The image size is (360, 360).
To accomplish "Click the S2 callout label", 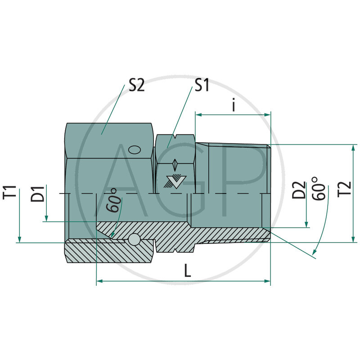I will (137, 85).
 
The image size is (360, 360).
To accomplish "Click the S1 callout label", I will (202, 85).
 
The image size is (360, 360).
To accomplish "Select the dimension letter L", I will (187, 270).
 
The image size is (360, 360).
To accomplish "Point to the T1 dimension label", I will (13, 192).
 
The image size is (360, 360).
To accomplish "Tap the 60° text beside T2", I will (319, 189).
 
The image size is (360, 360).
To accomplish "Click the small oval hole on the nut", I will (134, 149).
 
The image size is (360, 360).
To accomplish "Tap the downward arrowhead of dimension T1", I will (19, 239).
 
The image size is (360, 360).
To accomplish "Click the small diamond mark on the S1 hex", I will (175, 162).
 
